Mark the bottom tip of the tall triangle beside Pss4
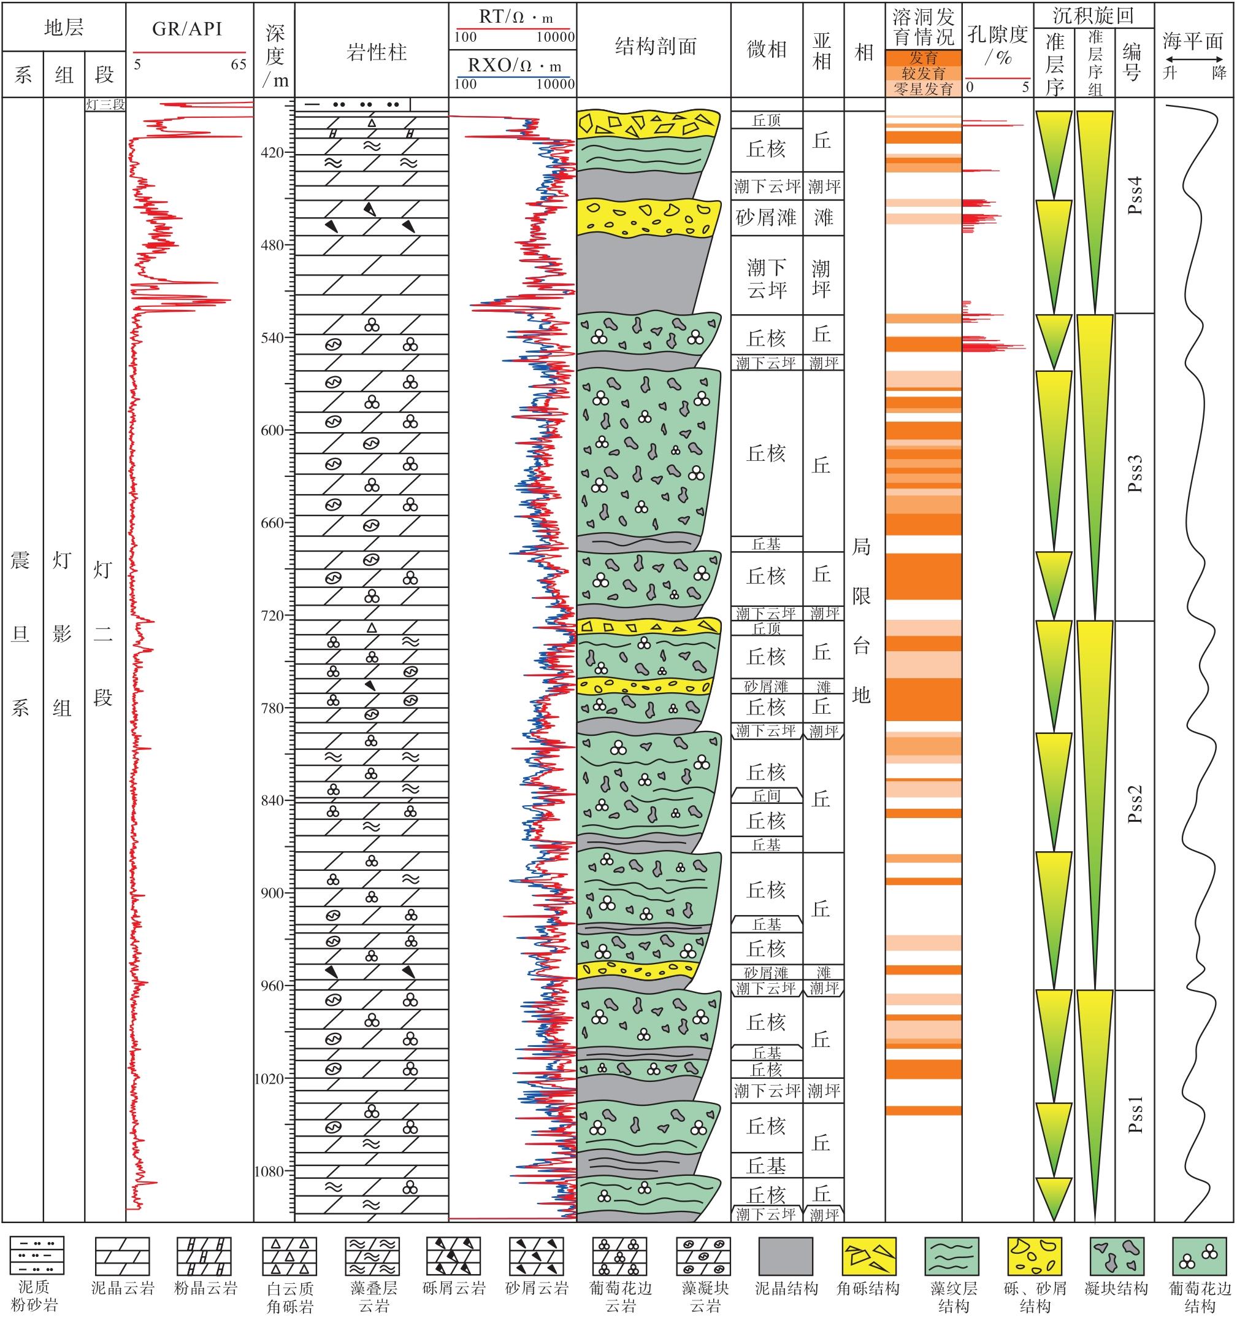(1094, 313)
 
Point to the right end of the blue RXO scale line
(574, 77)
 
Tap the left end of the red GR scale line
(134, 52)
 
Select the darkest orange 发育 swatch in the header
(923, 58)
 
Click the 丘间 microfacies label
(767, 795)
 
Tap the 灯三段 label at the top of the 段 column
(105, 105)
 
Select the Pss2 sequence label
(1136, 803)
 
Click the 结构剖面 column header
(655, 47)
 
